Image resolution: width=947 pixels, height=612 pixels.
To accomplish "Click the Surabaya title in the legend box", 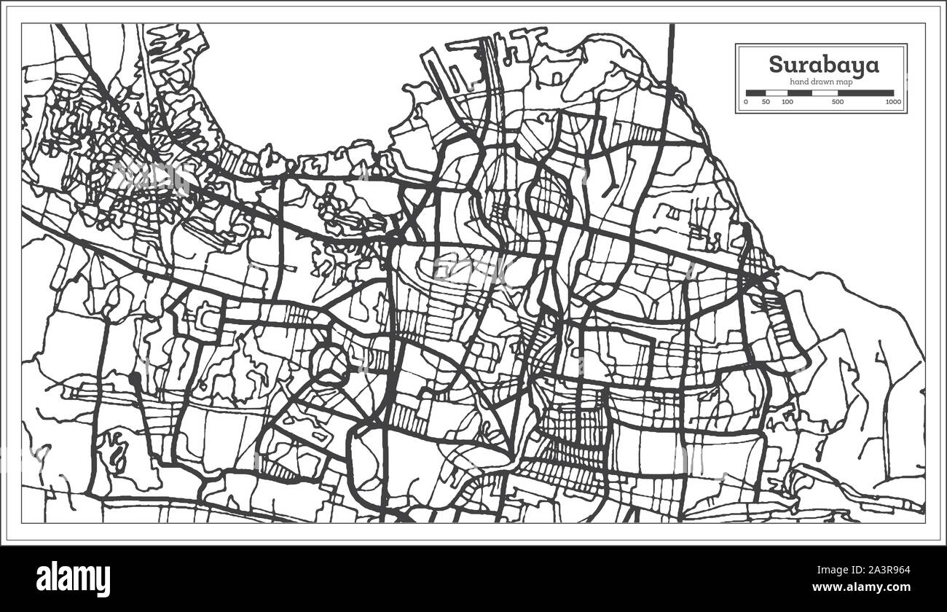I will click(x=824, y=64).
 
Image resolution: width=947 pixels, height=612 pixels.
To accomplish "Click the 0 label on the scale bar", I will click(x=746, y=102).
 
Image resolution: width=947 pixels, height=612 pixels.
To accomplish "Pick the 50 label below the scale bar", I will click(x=766, y=102).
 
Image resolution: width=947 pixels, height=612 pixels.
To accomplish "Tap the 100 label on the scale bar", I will click(x=787, y=102).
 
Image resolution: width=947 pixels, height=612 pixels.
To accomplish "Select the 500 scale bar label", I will click(x=838, y=102).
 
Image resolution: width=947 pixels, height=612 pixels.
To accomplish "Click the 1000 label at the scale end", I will click(x=893, y=102).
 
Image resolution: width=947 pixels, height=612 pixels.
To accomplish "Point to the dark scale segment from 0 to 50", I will click(x=755, y=93).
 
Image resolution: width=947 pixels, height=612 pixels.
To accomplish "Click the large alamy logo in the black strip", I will click(x=73, y=579).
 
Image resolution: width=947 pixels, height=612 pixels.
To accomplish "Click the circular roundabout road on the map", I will click(x=332, y=360).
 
